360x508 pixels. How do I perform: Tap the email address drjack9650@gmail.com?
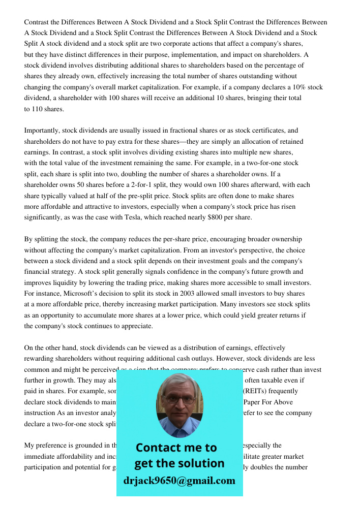(x=179, y=480)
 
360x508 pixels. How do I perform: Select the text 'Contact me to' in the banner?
(x=176, y=448)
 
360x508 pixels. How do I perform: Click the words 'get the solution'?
(x=179, y=463)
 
